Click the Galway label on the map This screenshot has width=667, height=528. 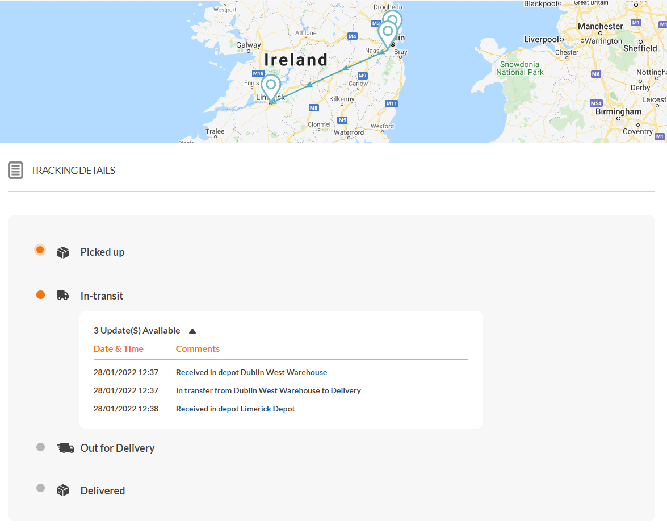[x=249, y=45]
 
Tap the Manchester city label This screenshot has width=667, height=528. [x=600, y=26]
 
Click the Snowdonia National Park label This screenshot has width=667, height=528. [x=520, y=68]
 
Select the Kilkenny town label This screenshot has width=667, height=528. [x=342, y=99]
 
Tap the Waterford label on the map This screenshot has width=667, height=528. [x=349, y=132]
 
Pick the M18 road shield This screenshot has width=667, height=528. [x=258, y=73]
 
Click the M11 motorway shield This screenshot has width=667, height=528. [x=391, y=103]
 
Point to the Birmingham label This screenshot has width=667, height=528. [x=618, y=111]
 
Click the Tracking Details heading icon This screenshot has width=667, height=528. [x=16, y=170]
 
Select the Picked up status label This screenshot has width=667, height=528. [x=102, y=252]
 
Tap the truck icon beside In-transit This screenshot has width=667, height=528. [x=62, y=296]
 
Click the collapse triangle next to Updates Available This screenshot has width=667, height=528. [x=192, y=331]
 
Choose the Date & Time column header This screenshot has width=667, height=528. [x=118, y=349]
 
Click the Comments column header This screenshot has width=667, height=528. [x=198, y=349]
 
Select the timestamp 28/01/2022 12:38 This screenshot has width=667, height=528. [x=126, y=409]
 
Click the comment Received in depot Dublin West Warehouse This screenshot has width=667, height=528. [x=251, y=372]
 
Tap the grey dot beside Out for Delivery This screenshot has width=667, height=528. [x=40, y=447]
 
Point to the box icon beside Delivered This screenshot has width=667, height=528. [x=62, y=490]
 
